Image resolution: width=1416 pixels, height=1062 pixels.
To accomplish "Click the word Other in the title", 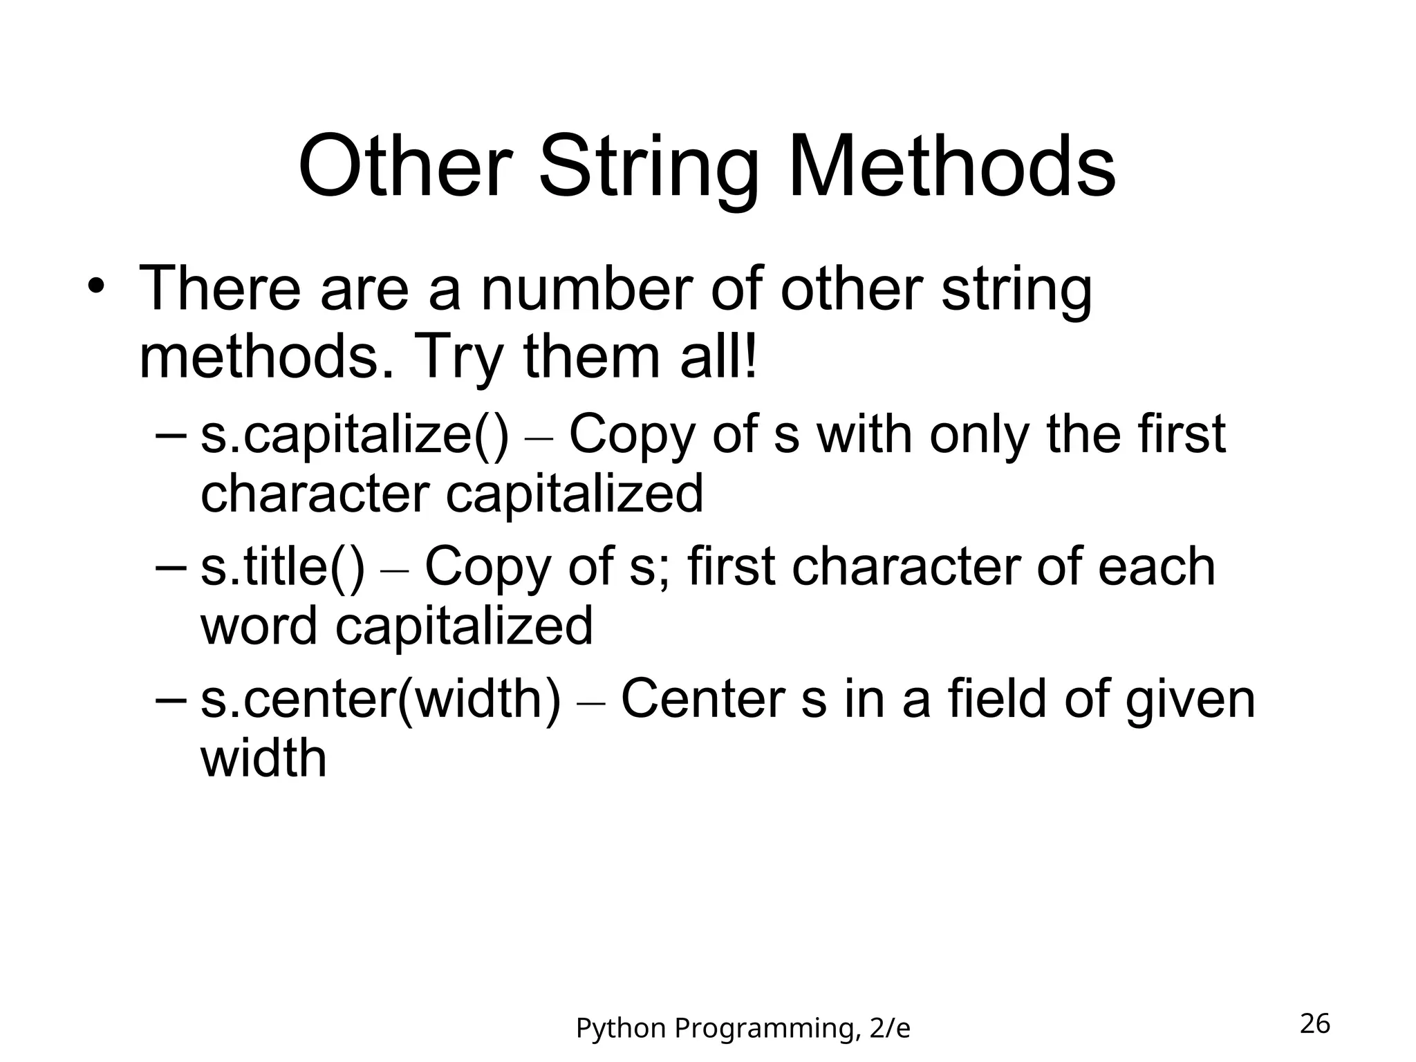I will (x=405, y=168).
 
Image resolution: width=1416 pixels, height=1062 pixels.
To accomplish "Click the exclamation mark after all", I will (x=750, y=357).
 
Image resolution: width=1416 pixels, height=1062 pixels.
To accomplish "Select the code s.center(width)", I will (x=380, y=700).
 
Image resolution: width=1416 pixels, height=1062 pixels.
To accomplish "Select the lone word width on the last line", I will (x=263, y=759).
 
